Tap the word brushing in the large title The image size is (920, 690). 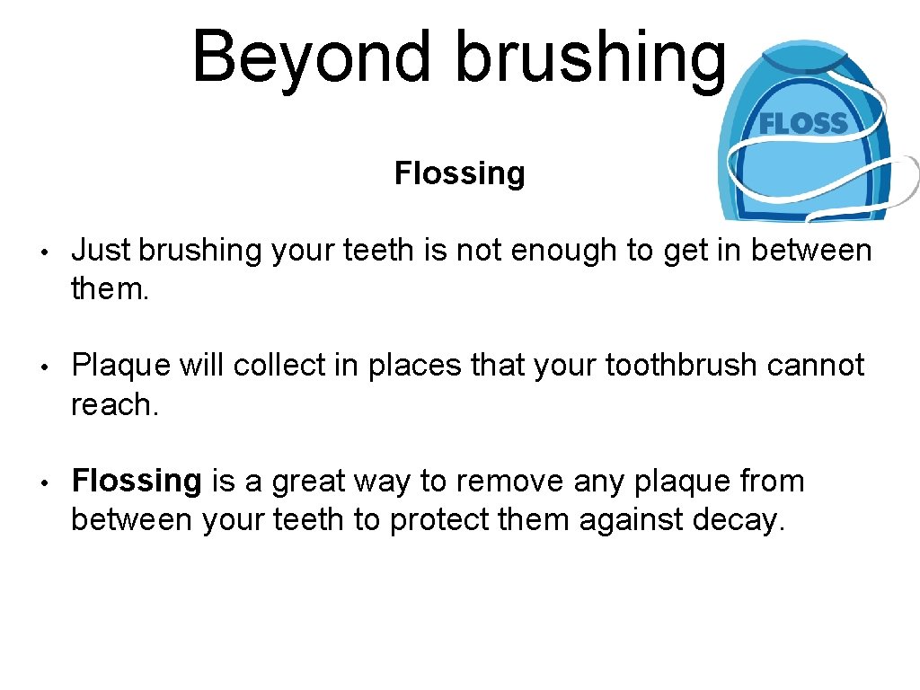(590, 56)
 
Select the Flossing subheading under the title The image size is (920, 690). (459, 172)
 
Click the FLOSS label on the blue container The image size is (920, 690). (803, 124)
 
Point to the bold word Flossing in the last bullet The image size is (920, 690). (137, 482)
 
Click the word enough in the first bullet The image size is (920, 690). (564, 250)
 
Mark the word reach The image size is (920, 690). (114, 405)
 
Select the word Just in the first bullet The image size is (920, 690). (101, 250)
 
